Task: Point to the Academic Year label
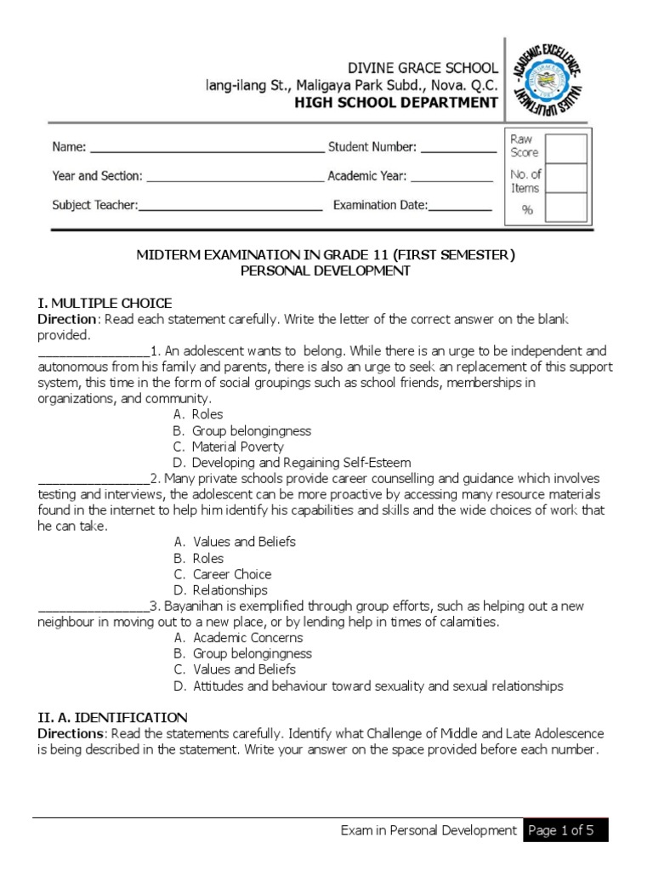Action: [x=367, y=177]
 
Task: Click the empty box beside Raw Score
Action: [x=565, y=147]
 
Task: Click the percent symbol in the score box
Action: [x=526, y=210]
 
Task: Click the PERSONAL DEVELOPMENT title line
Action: [x=326, y=270]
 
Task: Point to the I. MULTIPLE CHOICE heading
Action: [x=104, y=303]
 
